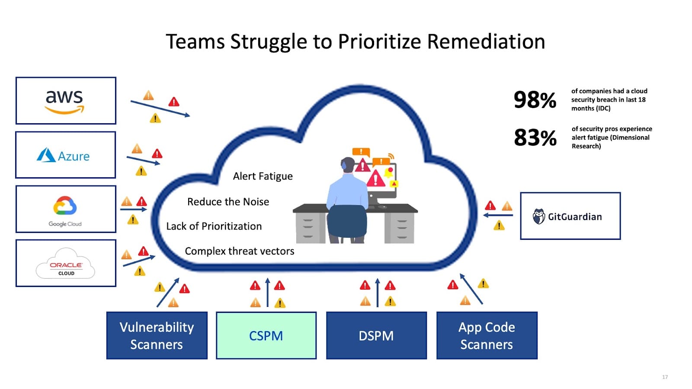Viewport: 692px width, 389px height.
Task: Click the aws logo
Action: [x=65, y=101]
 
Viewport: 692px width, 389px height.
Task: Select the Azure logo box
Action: [x=65, y=155]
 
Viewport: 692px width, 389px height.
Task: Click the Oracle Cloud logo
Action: [x=66, y=263]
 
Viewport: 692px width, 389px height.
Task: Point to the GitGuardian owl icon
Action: [x=538, y=216]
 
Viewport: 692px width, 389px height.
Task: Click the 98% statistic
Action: [x=535, y=100]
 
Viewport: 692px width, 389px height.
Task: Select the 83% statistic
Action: [x=535, y=138]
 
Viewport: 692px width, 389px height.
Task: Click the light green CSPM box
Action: [x=266, y=335]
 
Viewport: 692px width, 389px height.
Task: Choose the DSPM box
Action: [x=376, y=335]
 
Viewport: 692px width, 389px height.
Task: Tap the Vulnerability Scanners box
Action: [x=157, y=335]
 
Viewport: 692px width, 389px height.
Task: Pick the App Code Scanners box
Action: [x=487, y=335]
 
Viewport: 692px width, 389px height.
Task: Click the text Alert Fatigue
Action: [x=263, y=176]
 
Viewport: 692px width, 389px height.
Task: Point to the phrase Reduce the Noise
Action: [x=228, y=202]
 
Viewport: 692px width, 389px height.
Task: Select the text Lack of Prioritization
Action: [x=214, y=226]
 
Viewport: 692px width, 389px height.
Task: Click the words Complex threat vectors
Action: [x=239, y=251]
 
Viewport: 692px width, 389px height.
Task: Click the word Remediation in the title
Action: [x=486, y=42]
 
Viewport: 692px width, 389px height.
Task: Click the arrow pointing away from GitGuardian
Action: [x=498, y=215]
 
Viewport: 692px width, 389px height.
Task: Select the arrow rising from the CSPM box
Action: [x=267, y=293]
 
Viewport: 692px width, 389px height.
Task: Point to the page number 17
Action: [x=665, y=377]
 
